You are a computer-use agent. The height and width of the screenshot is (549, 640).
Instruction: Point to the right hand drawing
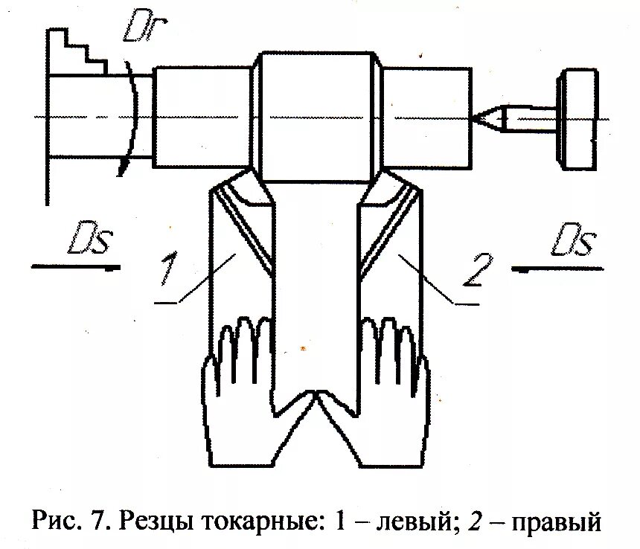pos(394,387)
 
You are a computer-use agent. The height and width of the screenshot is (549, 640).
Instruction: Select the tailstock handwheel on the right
pos(579,119)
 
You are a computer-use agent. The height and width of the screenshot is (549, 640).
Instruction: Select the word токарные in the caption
pos(256,521)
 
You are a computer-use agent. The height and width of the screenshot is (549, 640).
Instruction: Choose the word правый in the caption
pos(555,521)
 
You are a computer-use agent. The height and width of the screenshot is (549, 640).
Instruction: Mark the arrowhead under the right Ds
pos(520,267)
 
